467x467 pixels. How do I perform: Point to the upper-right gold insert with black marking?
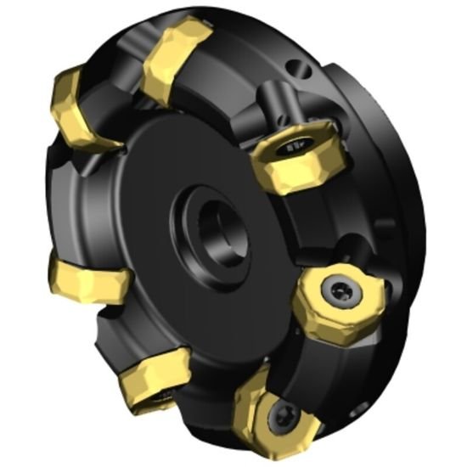tap(293, 161)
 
